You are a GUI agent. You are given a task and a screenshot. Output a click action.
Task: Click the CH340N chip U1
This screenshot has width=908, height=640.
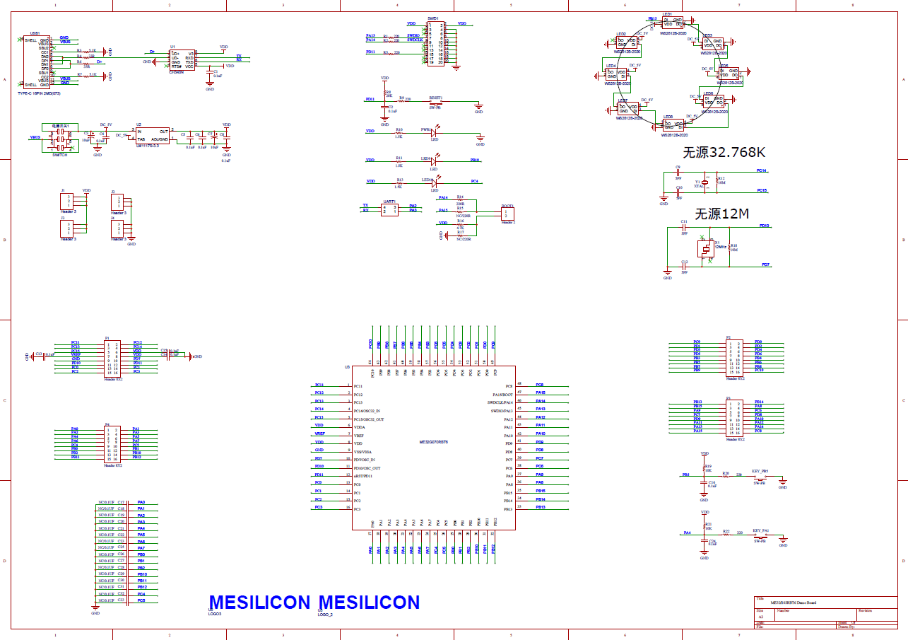[x=182, y=59]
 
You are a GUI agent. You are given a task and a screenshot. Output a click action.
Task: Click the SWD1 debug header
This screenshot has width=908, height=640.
[x=436, y=44]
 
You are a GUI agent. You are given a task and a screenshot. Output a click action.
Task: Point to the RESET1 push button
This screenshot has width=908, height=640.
[x=436, y=103]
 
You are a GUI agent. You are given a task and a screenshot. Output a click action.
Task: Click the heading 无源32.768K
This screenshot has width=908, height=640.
[x=724, y=153]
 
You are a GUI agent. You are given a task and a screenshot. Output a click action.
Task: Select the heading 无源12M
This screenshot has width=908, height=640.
[x=721, y=214]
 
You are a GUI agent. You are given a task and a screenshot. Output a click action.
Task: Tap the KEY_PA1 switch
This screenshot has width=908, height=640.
[x=760, y=535]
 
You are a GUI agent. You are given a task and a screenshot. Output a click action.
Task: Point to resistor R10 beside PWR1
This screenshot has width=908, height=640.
[x=399, y=132]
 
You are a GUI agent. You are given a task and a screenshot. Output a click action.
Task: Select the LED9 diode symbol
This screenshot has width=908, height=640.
[x=434, y=161]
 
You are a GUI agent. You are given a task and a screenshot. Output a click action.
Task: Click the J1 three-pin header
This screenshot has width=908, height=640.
[x=68, y=201]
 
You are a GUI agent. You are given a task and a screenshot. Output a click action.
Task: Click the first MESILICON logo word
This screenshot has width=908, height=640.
[x=259, y=603]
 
